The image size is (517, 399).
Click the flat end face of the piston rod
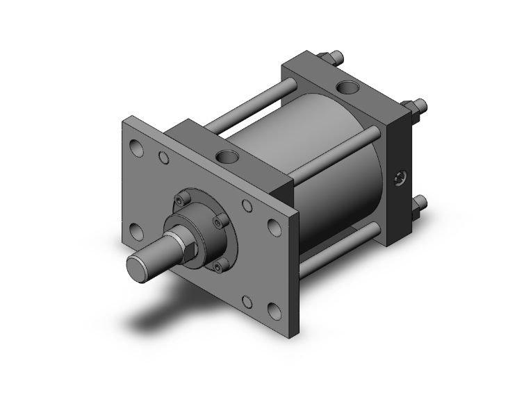[139, 266]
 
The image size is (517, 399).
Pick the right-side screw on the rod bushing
[221, 223]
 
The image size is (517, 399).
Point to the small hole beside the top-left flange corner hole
[164, 158]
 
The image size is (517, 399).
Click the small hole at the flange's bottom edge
[247, 301]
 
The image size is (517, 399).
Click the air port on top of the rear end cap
[345, 88]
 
